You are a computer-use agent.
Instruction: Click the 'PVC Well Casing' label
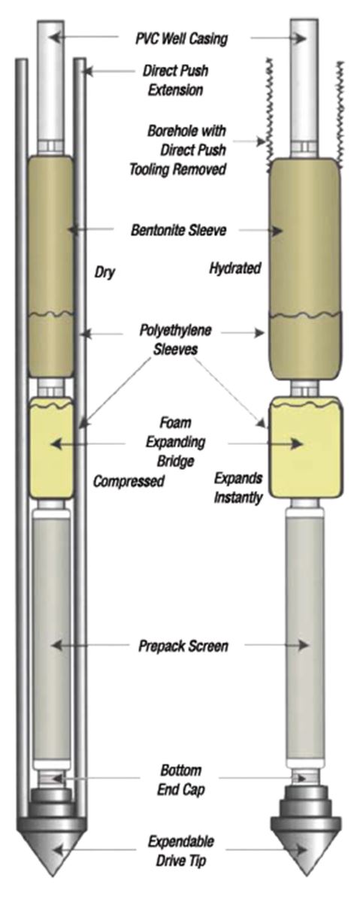(x=181, y=38)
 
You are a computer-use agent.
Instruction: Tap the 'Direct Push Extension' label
(x=176, y=80)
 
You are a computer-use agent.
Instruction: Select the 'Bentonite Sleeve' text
(x=178, y=230)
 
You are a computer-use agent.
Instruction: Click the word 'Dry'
(x=104, y=272)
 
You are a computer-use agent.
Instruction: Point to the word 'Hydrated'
(x=235, y=268)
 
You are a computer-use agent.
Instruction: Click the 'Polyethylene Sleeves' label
(x=175, y=340)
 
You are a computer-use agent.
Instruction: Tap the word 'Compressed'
(x=129, y=481)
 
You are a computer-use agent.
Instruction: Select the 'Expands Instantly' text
(x=238, y=488)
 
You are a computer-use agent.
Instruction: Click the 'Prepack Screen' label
(x=183, y=646)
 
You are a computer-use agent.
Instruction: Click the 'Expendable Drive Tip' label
(x=181, y=852)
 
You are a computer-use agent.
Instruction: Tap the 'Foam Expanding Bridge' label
(x=176, y=442)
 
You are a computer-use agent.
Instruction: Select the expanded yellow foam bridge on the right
(x=307, y=447)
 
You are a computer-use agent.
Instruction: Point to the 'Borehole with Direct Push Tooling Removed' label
(x=186, y=150)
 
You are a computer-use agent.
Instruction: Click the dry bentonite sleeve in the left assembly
(x=51, y=267)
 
